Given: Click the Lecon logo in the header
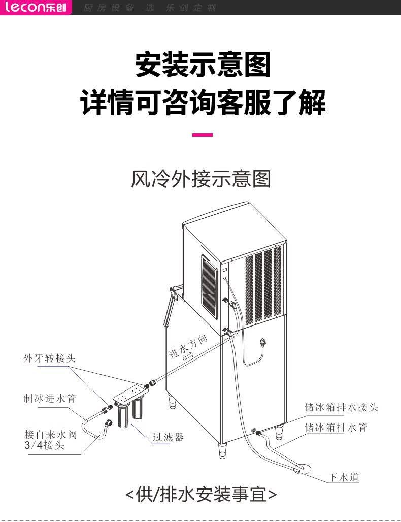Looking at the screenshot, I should coord(36,7).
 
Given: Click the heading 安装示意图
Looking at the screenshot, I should coord(203,64).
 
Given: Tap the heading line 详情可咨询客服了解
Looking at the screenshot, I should coord(203,101).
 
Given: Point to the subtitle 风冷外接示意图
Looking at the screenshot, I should coord(201,179).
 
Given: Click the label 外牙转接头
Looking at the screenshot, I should coord(49,358).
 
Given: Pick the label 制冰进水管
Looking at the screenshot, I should coord(49,398).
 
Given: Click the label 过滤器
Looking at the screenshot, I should coord(169,437).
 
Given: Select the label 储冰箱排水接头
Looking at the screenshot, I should coord(341,407).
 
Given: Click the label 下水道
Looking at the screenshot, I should coord(344,477).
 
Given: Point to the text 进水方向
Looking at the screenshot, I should coord(188,347).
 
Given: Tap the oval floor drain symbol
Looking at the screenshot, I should coord(302,467).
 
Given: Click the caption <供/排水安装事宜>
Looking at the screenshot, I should coord(201,494).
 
